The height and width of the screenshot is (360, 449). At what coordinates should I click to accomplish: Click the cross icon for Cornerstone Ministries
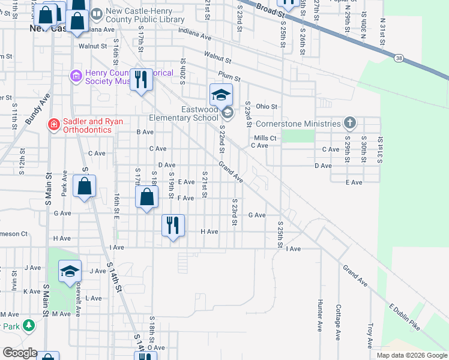(351, 124)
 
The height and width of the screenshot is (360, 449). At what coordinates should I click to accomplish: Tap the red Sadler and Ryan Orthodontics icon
(53, 124)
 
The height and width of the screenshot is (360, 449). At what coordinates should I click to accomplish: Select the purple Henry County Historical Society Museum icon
(76, 76)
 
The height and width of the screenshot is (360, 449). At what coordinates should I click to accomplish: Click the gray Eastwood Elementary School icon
(227, 112)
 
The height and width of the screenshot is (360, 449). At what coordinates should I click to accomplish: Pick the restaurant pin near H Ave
(172, 226)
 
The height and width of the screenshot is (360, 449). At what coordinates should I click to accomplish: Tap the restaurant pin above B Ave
(141, 79)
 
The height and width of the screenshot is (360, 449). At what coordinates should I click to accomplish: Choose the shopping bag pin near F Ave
(146, 197)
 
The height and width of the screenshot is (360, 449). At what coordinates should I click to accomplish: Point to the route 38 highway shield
(399, 58)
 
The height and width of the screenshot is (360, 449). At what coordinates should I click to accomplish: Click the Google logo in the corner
(20, 353)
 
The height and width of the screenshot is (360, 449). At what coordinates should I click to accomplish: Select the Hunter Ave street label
(319, 315)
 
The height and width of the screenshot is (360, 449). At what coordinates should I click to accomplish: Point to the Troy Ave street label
(370, 334)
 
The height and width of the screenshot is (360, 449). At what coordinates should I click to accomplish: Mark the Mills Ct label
(264, 138)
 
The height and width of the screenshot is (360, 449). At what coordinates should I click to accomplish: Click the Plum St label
(229, 77)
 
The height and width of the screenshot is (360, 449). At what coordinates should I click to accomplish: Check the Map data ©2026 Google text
(412, 355)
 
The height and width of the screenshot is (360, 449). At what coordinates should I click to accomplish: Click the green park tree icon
(29, 325)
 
